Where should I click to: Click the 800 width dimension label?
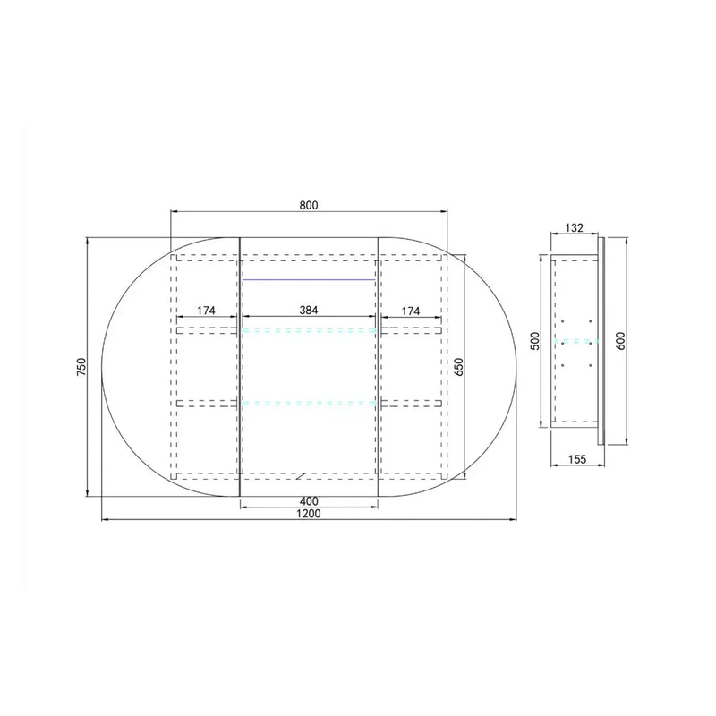pos(309,206)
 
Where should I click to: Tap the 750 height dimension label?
pos(81,367)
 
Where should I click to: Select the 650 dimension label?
pos(459,367)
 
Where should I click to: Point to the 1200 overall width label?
pos(309,513)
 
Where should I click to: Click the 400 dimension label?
pos(309,501)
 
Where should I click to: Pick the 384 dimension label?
pos(309,310)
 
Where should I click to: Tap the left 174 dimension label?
pos(206,311)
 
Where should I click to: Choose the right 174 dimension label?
pos(411,311)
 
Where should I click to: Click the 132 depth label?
pos(575,227)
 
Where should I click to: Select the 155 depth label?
pos(577,459)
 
